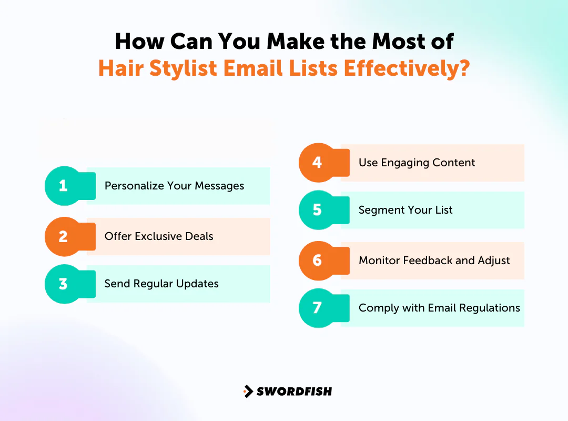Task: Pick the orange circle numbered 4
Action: [x=317, y=163]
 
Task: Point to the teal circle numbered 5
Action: [x=317, y=210]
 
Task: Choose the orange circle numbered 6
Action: [x=317, y=260]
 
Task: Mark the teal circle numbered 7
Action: [x=317, y=308]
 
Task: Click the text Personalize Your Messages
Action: [x=174, y=186]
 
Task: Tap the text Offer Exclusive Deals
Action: [x=159, y=236]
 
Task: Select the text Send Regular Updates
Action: [x=161, y=284]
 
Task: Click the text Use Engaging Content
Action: [x=417, y=163]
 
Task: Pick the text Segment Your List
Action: [x=405, y=210]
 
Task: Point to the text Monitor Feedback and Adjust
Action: [x=434, y=260]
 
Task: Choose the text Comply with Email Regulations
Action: [x=439, y=308]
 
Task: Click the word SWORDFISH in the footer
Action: [x=294, y=392]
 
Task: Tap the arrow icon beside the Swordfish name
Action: [x=248, y=392]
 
